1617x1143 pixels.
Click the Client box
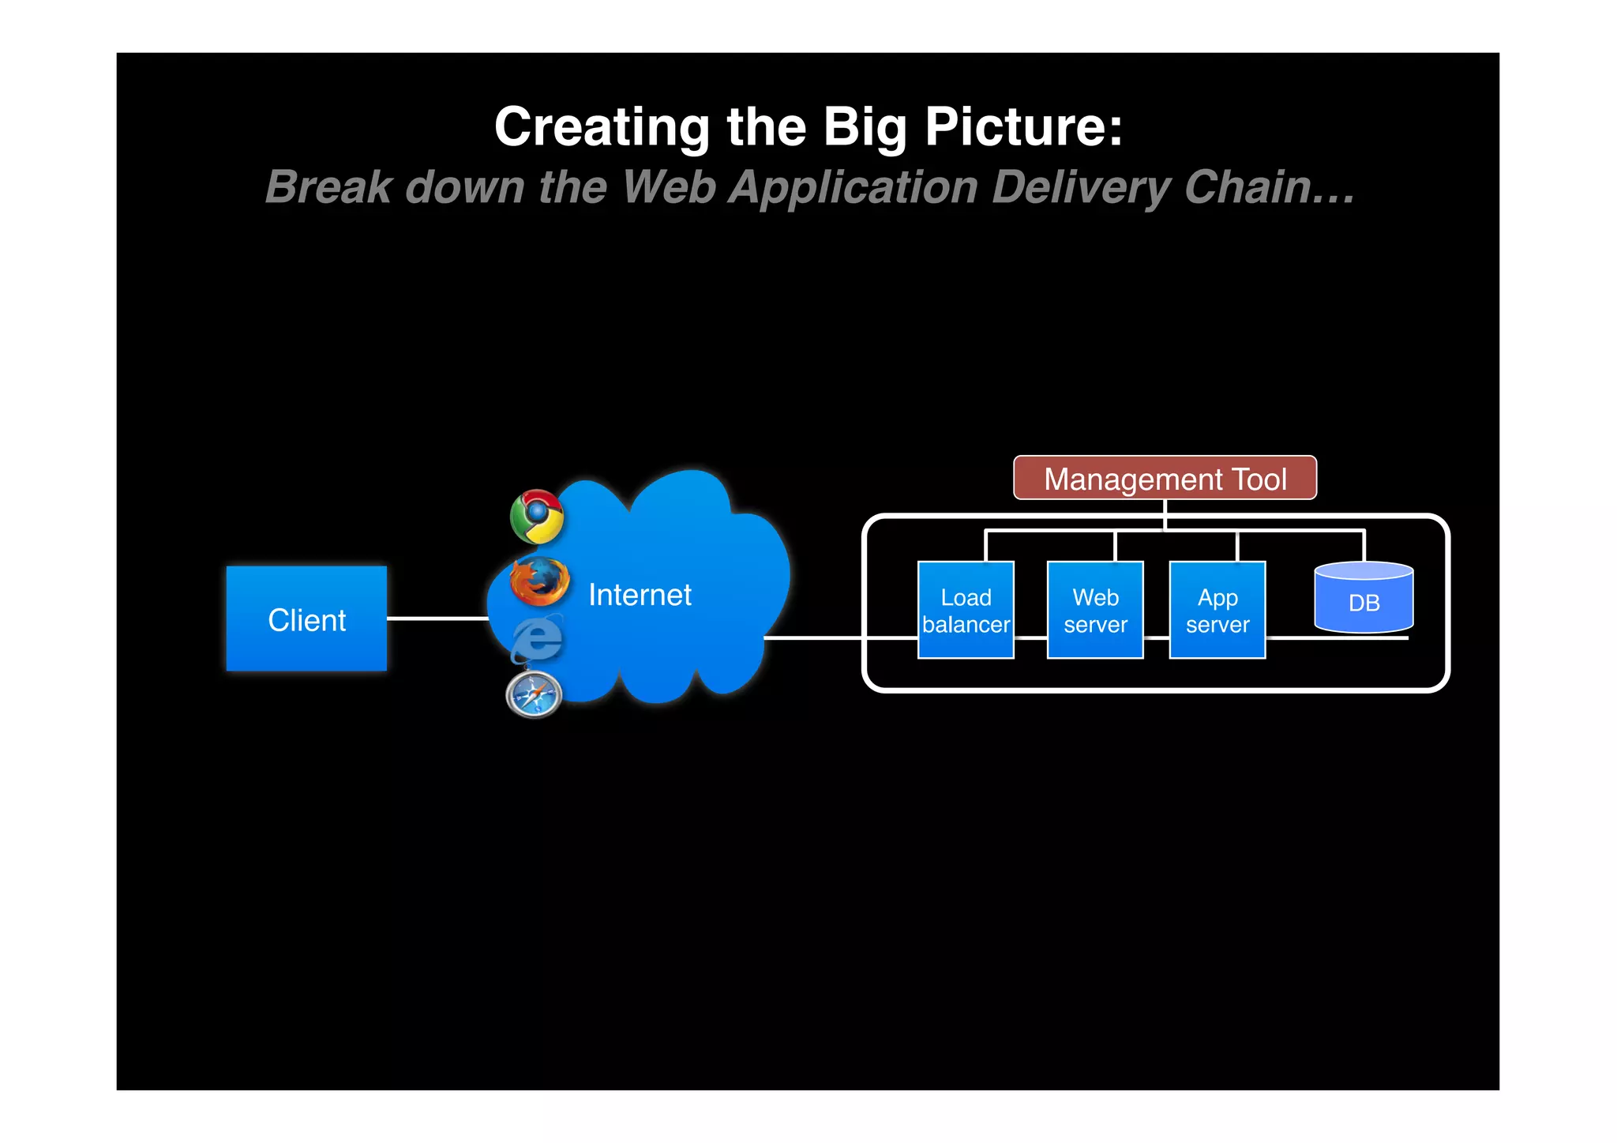pos(306,618)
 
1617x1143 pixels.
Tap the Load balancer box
pos(965,610)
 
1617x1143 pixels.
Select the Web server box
pos(1094,610)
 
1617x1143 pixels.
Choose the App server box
pos(1217,610)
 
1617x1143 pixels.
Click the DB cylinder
pos(1364,599)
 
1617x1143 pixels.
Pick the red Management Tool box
pos(1165,478)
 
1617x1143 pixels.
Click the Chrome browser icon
pos(537,517)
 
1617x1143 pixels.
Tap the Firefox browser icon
pos(539,581)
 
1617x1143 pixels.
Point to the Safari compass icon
pos(534,695)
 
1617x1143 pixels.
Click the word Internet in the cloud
pos(640,595)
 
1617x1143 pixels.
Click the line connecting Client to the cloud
pos(437,618)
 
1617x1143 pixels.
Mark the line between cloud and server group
pos(813,637)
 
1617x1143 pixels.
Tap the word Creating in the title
pos(602,128)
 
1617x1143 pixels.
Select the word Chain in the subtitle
pos(1268,187)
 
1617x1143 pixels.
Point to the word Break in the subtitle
pos(328,187)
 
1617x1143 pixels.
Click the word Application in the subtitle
pos(853,189)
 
